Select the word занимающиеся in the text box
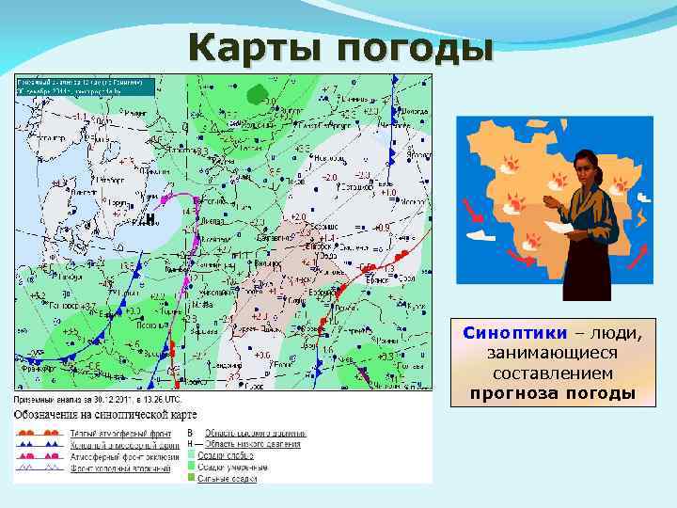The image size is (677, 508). click(552, 353)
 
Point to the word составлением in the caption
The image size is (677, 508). click(552, 373)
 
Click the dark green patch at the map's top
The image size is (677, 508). click(256, 92)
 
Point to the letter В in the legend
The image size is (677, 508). click(190, 432)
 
